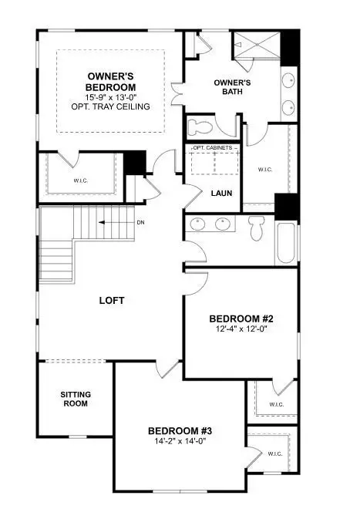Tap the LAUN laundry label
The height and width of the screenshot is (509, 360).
(221, 193)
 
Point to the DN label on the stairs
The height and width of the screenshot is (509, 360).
(140, 223)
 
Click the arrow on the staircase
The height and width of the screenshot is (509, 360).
(112, 223)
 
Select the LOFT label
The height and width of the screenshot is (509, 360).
(112, 300)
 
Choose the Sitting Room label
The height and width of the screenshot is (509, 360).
(76, 398)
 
